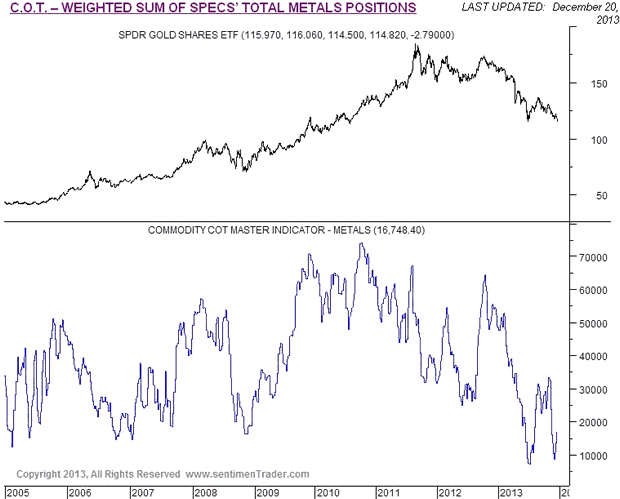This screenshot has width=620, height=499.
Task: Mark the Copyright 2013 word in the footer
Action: coord(49,474)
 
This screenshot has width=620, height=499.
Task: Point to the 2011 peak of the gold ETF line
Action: coord(415,45)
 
